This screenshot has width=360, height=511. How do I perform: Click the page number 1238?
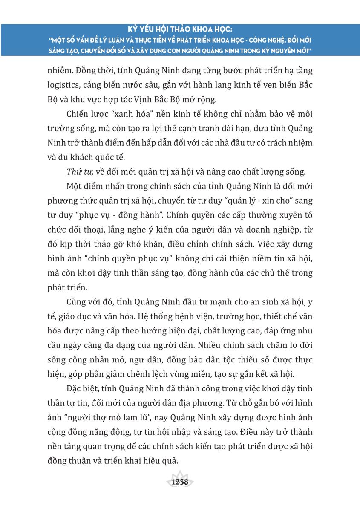pos(180,482)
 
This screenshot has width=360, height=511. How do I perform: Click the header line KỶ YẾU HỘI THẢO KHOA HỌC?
pos(180,31)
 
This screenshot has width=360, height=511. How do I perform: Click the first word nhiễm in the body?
pos(59,70)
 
